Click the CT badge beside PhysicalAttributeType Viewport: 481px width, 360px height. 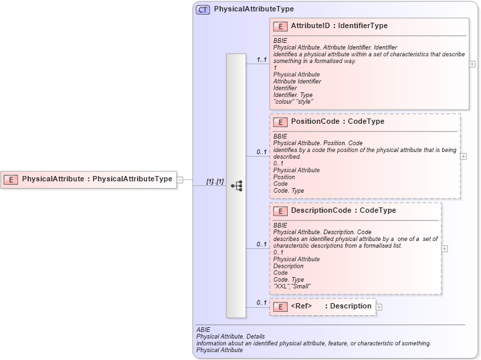tap(203, 9)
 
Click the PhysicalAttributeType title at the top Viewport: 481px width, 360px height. tap(254, 9)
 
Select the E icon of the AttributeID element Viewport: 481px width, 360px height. tap(280, 26)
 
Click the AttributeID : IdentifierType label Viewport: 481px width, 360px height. tap(339, 26)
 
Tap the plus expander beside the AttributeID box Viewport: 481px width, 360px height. tap(472, 64)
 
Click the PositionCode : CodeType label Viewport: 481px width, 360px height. tap(337, 122)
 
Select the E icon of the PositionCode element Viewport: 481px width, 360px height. tap(280, 122)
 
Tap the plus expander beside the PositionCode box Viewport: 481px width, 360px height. tap(464, 157)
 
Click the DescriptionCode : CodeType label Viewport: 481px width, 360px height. tap(343, 210)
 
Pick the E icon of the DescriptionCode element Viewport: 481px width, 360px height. tap(280, 210)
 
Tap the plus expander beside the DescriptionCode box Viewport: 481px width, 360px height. tap(445, 248)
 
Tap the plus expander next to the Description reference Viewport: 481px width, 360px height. tap(379, 307)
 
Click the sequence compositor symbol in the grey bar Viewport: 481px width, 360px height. tap(236, 186)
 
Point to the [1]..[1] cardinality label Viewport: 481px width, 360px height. tap(215, 181)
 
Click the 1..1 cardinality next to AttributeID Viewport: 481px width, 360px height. tap(262, 60)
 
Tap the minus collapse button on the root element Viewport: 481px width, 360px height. tap(180, 179)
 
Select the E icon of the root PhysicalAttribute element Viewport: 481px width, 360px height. tap(11, 179)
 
